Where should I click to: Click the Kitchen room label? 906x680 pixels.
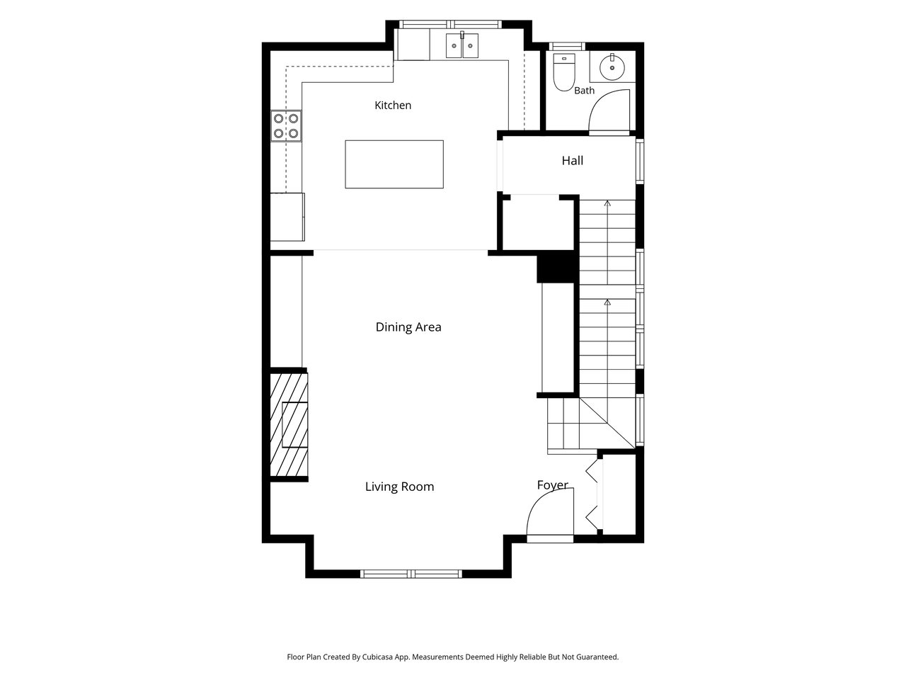click(393, 106)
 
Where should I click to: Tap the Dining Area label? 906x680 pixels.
click(408, 327)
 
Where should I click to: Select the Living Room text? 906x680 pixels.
click(399, 487)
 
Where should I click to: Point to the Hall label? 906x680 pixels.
click(572, 160)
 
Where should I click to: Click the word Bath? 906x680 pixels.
click(584, 91)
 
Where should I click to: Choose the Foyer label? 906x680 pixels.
click(552, 484)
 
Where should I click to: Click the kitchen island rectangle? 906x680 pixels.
click(394, 164)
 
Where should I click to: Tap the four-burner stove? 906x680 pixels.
click(286, 126)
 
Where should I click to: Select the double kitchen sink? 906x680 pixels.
click(462, 45)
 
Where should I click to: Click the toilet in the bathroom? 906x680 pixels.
click(564, 72)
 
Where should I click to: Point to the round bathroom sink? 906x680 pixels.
click(612, 67)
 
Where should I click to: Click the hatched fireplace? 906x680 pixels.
click(289, 424)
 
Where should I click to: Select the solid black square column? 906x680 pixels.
click(556, 266)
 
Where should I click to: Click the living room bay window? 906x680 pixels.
click(411, 574)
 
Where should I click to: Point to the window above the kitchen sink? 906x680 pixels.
click(450, 24)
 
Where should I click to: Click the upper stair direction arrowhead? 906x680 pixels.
click(607, 203)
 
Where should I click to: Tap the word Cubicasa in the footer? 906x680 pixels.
click(379, 657)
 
